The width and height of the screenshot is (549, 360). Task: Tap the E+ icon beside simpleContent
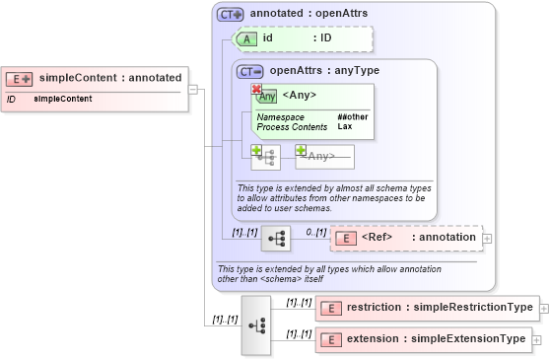(20, 78)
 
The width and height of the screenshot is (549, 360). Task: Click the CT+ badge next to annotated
(231, 15)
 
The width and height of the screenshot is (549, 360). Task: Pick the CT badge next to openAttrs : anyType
(251, 71)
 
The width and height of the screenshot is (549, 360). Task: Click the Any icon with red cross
(265, 95)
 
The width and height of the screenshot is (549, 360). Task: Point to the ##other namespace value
(352, 117)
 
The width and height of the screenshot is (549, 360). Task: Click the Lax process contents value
(345, 126)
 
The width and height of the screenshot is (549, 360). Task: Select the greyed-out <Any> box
(324, 156)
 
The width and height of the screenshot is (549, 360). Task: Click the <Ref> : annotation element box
(406, 238)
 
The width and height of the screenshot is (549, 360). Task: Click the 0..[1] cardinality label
(315, 232)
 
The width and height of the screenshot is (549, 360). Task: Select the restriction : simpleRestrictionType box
(427, 308)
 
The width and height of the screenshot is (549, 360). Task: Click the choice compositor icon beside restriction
(255, 324)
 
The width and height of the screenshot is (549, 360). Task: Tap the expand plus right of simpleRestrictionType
(544, 308)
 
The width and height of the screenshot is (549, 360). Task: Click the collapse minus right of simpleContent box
(193, 89)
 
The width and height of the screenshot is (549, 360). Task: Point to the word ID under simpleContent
(11, 100)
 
